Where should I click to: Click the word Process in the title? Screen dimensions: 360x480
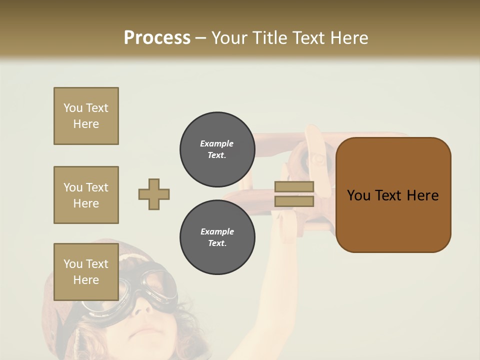coord(157,37)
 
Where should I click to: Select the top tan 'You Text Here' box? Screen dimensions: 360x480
coord(86,116)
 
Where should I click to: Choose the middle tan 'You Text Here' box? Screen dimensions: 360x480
coord(86,195)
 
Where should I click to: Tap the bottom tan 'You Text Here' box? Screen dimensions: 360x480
coord(86,271)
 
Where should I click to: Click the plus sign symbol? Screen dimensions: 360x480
coord(154,194)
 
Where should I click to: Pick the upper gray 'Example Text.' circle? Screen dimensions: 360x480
coord(217,149)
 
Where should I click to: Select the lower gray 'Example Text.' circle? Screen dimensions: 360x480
coord(217,237)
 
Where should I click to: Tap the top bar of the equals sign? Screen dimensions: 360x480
coord(294,186)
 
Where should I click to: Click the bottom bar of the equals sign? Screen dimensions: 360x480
coord(294,201)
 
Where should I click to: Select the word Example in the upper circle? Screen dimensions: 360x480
coord(217,143)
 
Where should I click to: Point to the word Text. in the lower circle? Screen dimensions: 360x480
coord(217,243)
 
